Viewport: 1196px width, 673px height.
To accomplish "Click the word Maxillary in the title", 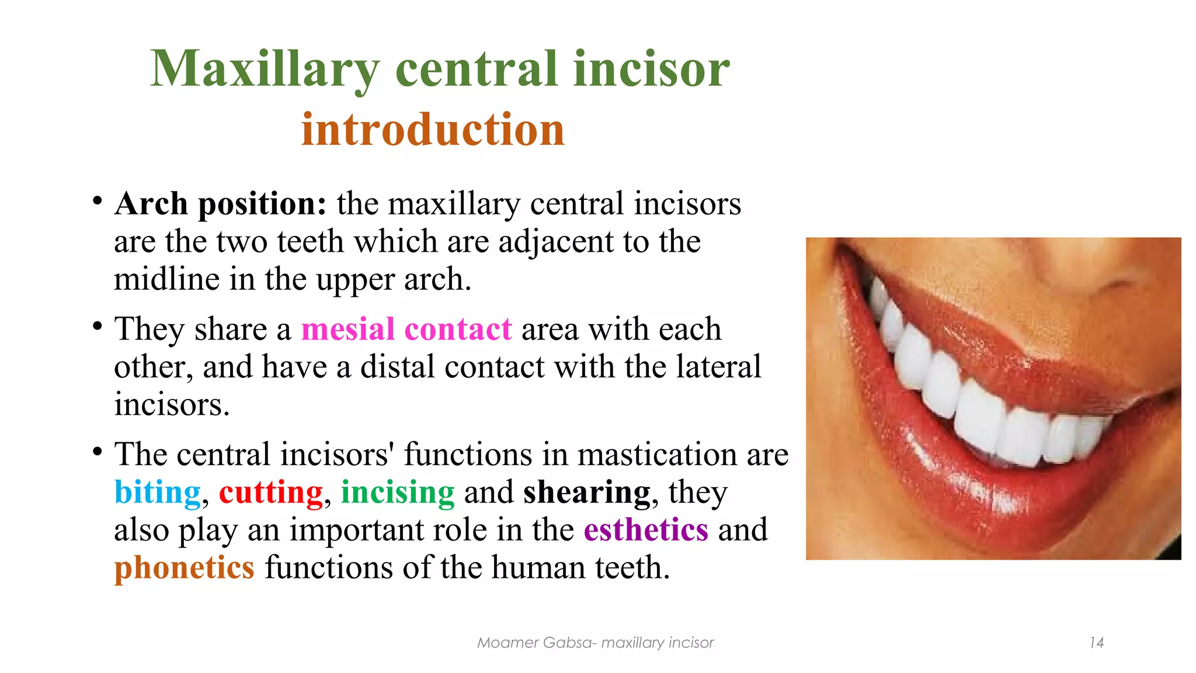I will [x=265, y=69].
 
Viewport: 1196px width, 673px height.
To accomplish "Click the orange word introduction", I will [x=433, y=129].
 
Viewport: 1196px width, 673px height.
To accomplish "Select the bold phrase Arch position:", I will [x=220, y=204].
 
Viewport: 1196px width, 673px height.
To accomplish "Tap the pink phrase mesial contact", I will [x=406, y=329].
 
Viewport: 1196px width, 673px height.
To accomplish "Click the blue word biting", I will [x=157, y=492].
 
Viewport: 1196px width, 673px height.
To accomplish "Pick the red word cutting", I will [x=270, y=492].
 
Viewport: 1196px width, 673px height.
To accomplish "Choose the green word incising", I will [x=397, y=492].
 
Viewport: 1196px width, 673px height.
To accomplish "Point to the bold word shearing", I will [x=586, y=492].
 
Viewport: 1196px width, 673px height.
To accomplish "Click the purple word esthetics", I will [x=646, y=530].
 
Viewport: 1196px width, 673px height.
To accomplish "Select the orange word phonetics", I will [x=184, y=568].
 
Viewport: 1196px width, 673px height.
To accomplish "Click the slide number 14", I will [x=1096, y=643].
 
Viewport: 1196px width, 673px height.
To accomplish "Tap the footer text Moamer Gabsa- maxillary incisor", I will [x=595, y=643].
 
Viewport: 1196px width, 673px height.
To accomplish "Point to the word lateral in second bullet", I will [x=718, y=367].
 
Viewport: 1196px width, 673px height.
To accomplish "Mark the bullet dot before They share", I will [x=98, y=326].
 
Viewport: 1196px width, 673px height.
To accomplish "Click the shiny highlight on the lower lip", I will [x=987, y=495].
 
